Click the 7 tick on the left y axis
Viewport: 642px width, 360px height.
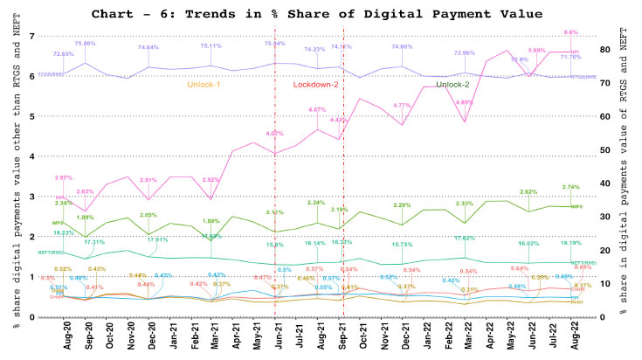pos(31,36)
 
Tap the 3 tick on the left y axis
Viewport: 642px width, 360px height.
pos(31,197)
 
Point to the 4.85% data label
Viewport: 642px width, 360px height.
pos(465,102)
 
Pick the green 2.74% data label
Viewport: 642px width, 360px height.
pos(571,187)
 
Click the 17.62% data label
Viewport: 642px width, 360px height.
pos(464,238)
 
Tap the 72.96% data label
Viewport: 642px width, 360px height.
pos(465,52)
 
